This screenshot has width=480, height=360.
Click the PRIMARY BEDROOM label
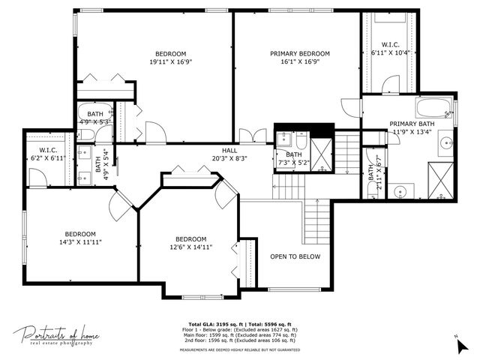coord(300,53)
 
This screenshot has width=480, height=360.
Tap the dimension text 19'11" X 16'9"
coord(171,63)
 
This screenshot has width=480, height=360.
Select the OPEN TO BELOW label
coord(295,256)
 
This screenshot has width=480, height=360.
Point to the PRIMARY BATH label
coord(411,124)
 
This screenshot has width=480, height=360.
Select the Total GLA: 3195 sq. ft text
coord(209,323)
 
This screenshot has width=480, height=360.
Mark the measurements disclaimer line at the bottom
coord(239,349)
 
